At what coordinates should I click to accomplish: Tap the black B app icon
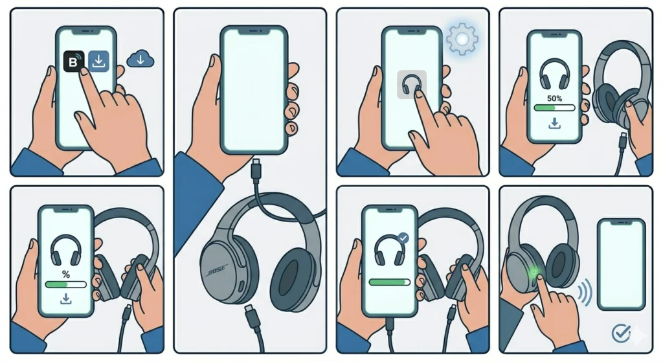(71, 62)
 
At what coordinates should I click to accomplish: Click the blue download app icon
(98, 62)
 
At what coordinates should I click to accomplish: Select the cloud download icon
(140, 60)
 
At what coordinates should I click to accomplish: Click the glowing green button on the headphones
(534, 272)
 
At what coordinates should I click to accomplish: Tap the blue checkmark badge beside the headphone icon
(404, 238)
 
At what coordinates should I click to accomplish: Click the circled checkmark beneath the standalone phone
(620, 333)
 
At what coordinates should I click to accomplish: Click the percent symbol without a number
(65, 274)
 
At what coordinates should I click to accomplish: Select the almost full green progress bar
(388, 282)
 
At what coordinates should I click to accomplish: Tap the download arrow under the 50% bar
(554, 123)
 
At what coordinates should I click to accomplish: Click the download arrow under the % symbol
(65, 299)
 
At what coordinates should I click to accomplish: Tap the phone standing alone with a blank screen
(621, 264)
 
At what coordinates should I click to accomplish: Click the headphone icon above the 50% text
(554, 73)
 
